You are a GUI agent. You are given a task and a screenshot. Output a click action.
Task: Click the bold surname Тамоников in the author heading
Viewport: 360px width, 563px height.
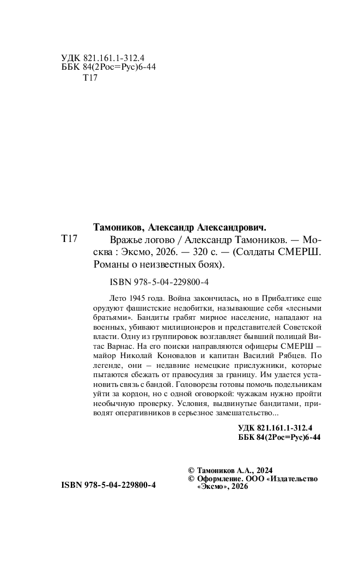(x=115, y=227)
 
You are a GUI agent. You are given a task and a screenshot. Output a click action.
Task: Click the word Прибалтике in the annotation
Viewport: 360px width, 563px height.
(x=277, y=299)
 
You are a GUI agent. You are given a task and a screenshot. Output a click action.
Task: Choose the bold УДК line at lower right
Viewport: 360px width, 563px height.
(x=279, y=427)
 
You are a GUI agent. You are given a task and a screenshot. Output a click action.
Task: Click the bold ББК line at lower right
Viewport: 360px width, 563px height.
(x=279, y=437)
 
